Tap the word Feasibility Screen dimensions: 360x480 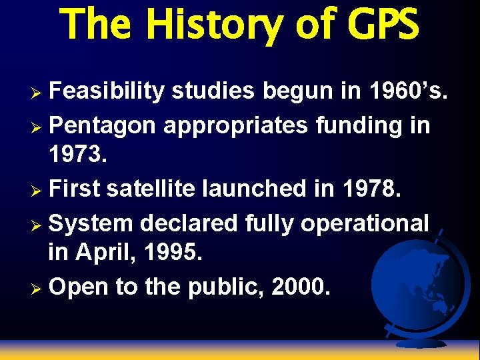pos(107,91)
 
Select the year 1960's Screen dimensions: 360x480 pos(407,91)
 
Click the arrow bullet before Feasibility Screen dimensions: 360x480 pos(39,92)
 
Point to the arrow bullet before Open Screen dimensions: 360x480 pos(39,287)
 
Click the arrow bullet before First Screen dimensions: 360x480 pos(39,189)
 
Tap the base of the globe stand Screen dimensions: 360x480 pos(420,342)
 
